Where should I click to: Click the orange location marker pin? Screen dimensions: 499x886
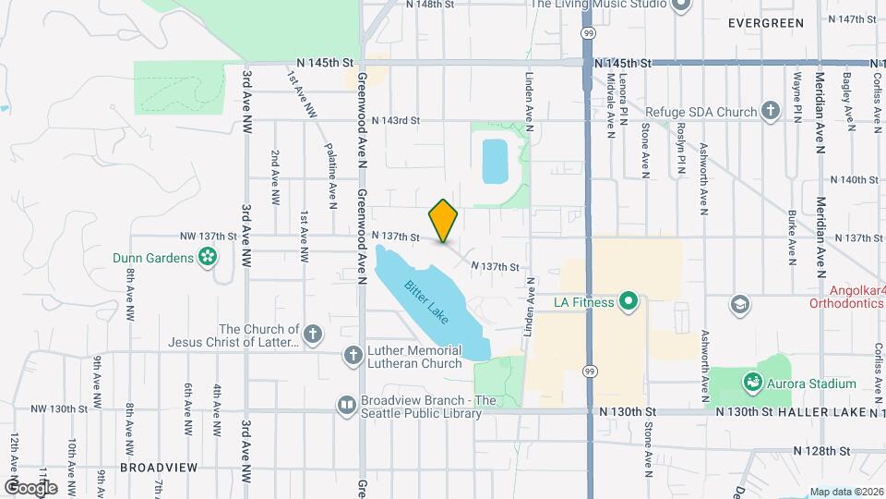[x=444, y=220]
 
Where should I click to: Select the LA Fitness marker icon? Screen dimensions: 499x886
[x=629, y=301]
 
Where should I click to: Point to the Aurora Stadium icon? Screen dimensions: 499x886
[x=753, y=383]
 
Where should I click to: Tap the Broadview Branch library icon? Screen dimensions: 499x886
[x=346, y=405]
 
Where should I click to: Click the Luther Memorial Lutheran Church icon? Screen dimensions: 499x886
[x=353, y=355]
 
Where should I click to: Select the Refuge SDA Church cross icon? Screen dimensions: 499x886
[x=771, y=112]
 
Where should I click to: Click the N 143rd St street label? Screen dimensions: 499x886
[x=396, y=120]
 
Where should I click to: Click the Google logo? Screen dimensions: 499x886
[x=30, y=487]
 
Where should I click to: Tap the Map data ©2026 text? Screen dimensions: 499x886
[x=845, y=492]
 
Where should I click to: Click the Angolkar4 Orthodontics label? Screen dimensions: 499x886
[x=846, y=296]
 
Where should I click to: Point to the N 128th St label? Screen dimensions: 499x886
[x=821, y=451]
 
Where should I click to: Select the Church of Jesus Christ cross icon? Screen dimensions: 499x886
[x=314, y=334]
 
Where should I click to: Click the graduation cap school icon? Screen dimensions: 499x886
[x=738, y=304]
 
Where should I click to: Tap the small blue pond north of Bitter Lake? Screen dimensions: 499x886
[x=494, y=161]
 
